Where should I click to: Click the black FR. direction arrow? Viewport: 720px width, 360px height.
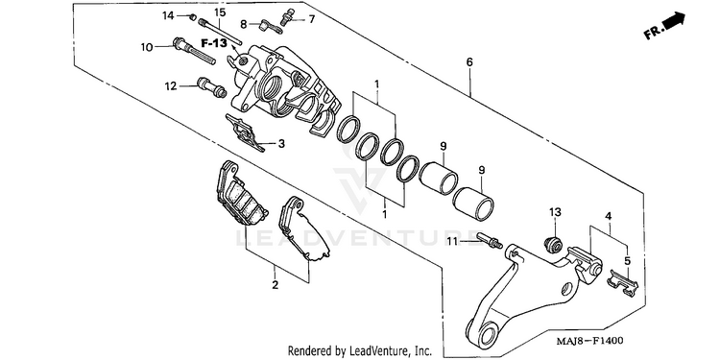tap(674, 21)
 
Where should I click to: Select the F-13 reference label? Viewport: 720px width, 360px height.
tap(214, 43)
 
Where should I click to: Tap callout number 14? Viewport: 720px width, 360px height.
tap(168, 16)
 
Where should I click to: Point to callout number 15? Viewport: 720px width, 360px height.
tap(220, 12)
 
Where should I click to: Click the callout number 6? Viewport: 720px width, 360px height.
tap(469, 62)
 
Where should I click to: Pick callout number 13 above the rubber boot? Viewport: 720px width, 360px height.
tap(555, 212)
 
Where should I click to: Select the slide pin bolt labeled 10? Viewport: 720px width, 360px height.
tap(194, 52)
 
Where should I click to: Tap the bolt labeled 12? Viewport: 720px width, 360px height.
tap(211, 87)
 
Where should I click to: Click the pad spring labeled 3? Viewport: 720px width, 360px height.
tap(245, 133)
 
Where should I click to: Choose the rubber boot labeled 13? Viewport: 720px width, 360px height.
tap(552, 244)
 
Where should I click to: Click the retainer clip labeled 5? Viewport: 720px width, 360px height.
tap(623, 281)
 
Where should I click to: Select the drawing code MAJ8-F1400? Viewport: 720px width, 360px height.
tap(590, 341)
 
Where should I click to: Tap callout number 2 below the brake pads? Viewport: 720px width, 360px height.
tap(275, 285)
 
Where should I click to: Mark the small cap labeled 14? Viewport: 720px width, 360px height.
tap(193, 17)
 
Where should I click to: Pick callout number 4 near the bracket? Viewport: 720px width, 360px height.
tap(608, 215)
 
